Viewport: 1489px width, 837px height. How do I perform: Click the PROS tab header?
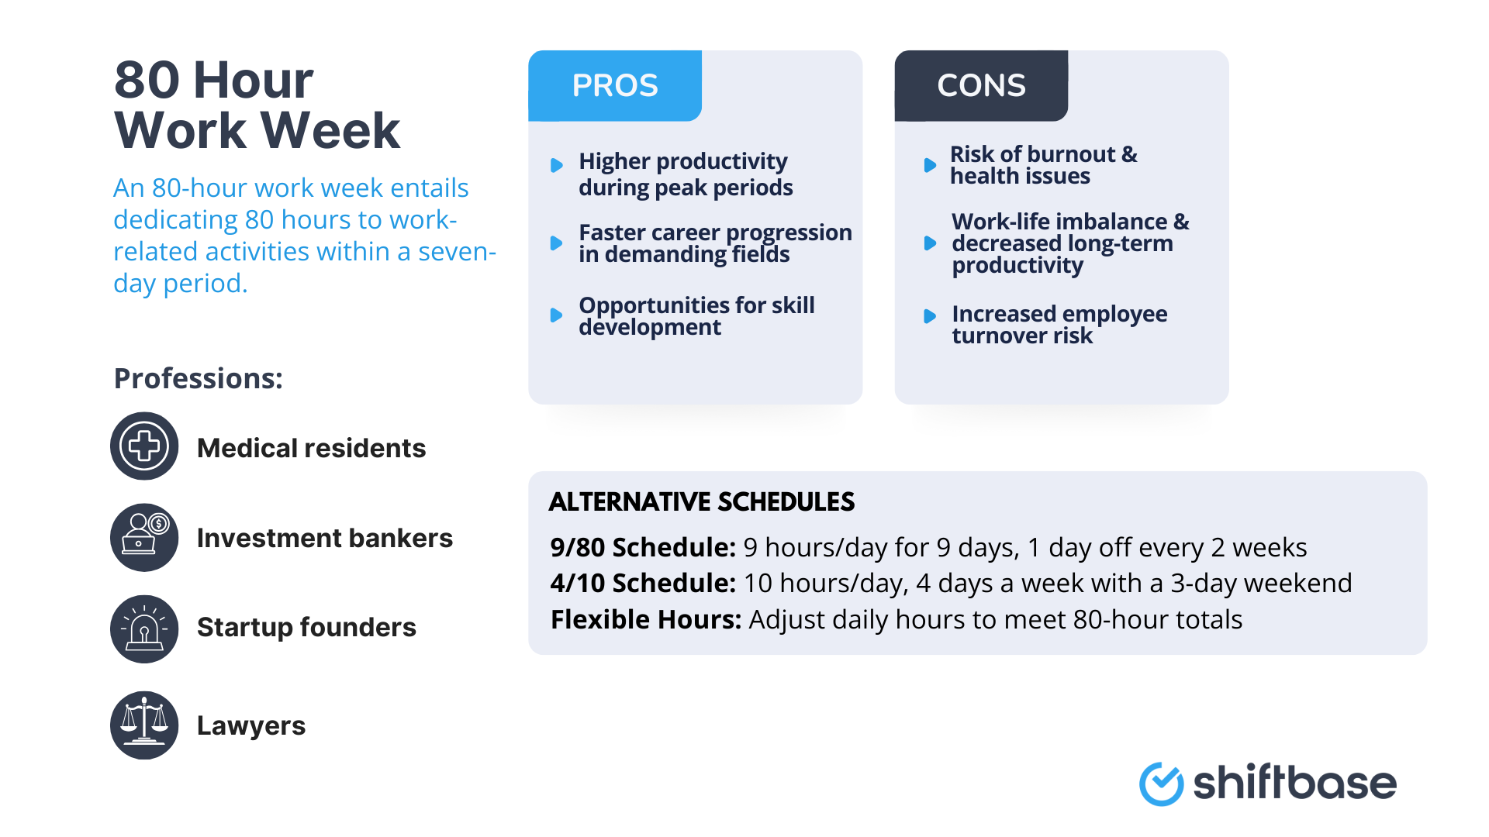pos(615,86)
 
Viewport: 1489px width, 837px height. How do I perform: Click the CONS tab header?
pos(981,86)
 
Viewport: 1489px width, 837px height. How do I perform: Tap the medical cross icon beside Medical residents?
pos(144,446)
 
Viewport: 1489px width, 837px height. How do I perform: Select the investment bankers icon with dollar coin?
pos(144,537)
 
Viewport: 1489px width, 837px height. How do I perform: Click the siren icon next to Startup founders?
pos(144,629)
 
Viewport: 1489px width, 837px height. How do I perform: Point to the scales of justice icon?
pos(144,725)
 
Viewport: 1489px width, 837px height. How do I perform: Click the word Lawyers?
pos(250,725)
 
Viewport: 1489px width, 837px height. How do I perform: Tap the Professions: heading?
pos(199,378)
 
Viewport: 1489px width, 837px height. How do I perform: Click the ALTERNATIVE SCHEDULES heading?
pos(701,501)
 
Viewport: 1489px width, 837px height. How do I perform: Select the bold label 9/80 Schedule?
pos(642,547)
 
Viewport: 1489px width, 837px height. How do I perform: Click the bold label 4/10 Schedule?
pos(642,583)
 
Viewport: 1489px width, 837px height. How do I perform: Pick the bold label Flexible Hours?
pos(645,619)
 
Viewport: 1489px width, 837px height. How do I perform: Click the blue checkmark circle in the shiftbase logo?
pos(1161,784)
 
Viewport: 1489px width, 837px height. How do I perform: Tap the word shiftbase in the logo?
pos(1294,783)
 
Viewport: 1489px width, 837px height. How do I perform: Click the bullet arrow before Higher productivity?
pos(556,165)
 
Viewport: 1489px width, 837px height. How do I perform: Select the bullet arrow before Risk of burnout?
pos(930,165)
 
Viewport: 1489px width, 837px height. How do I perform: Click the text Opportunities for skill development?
pos(696,315)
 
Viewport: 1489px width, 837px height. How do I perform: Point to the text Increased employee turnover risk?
pos(1059,324)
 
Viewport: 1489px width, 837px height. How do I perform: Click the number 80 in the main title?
pos(147,80)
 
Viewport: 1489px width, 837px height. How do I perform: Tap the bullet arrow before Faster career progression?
pos(556,243)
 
